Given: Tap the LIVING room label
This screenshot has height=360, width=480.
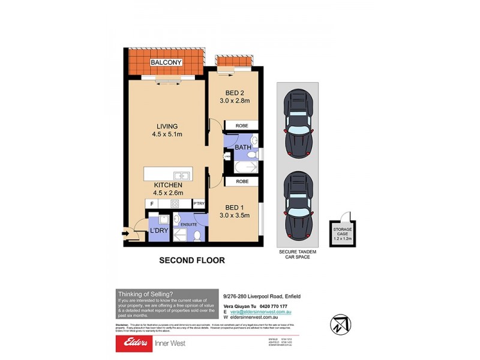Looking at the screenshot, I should click(x=167, y=126).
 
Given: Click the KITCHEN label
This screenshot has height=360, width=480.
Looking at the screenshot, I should click(x=167, y=185).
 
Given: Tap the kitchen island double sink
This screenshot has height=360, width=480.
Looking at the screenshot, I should click(x=182, y=175).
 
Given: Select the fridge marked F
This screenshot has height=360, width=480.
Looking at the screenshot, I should click(x=152, y=204).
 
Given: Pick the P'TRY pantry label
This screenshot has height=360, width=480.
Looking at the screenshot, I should click(x=199, y=204).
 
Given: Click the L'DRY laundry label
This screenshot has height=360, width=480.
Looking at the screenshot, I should click(x=158, y=230).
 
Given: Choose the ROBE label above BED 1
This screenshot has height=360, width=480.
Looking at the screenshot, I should click(x=242, y=181).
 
